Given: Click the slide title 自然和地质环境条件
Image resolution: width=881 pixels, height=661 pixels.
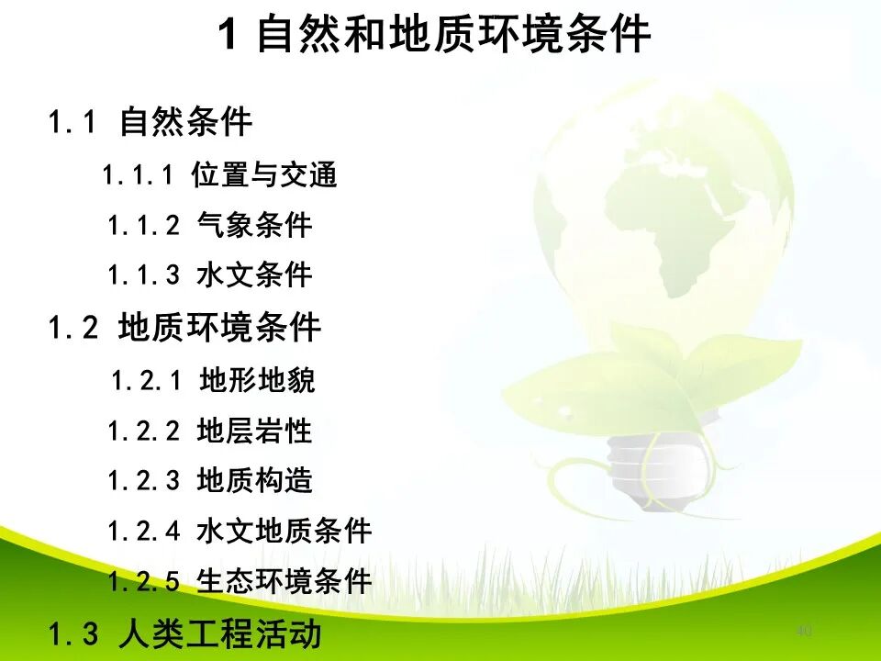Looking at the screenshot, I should [453, 37].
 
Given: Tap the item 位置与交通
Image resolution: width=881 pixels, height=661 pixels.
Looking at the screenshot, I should [264, 174].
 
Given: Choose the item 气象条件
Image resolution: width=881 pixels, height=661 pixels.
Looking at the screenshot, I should [254, 225].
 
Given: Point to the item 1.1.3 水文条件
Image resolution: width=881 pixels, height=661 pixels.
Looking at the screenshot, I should [209, 274].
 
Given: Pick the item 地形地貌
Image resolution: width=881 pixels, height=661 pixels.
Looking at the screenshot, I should [257, 380].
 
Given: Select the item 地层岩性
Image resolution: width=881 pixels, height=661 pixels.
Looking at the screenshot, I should [254, 431].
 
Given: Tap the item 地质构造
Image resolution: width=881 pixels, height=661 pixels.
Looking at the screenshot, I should [254, 480].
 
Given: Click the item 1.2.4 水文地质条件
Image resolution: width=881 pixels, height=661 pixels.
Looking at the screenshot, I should [239, 531].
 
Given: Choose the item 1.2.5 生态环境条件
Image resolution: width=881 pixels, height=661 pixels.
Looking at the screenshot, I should [239, 581].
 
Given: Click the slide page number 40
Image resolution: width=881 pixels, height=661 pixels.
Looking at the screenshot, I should [804, 631].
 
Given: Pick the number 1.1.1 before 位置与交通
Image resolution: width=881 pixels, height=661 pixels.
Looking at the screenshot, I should [138, 174].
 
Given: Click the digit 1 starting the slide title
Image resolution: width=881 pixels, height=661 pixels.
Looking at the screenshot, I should [229, 37].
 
